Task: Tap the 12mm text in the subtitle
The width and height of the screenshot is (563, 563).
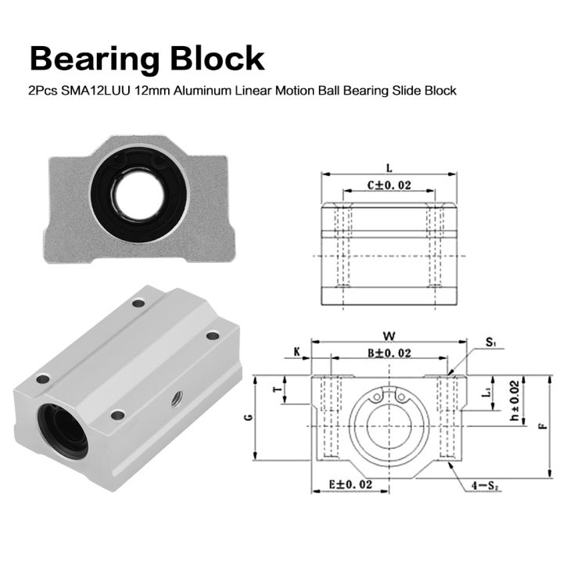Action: [149, 91]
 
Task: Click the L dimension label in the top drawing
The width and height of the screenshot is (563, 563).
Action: [389, 167]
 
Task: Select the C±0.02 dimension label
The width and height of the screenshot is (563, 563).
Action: [389, 186]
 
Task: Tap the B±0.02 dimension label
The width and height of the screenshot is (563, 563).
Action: [389, 354]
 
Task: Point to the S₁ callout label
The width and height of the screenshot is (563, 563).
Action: [490, 342]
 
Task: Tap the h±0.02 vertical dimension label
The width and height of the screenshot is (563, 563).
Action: [514, 401]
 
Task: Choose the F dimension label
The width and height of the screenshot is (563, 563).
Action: [543, 426]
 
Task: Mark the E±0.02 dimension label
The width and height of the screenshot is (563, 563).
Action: [350, 485]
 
